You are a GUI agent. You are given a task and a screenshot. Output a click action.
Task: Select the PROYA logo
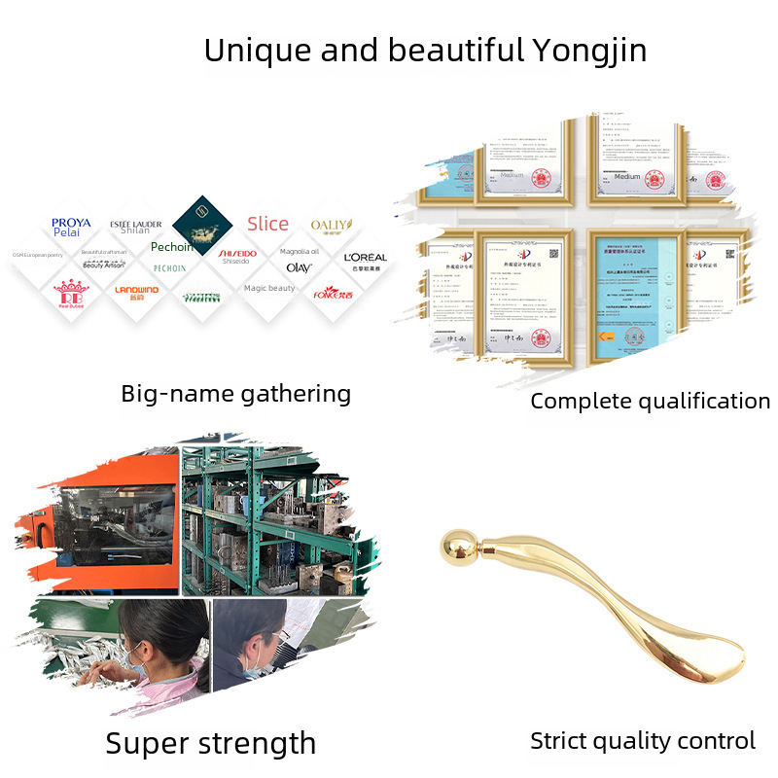tap(72, 223)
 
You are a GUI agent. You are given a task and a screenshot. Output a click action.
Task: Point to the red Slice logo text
tap(267, 224)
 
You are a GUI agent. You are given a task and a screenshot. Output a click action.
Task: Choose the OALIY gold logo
tap(331, 225)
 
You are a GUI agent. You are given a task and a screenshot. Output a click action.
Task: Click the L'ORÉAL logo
tap(365, 258)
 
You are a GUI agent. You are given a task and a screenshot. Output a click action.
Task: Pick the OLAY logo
tap(299, 266)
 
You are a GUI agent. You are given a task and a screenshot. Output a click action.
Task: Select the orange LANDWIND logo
tap(135, 290)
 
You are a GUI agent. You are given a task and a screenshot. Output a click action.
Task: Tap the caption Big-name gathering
tap(235, 394)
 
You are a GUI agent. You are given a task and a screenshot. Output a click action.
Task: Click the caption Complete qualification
tap(650, 401)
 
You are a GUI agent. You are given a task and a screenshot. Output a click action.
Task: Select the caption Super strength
tap(211, 744)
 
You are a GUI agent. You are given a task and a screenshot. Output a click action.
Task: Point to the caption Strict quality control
tap(643, 741)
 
